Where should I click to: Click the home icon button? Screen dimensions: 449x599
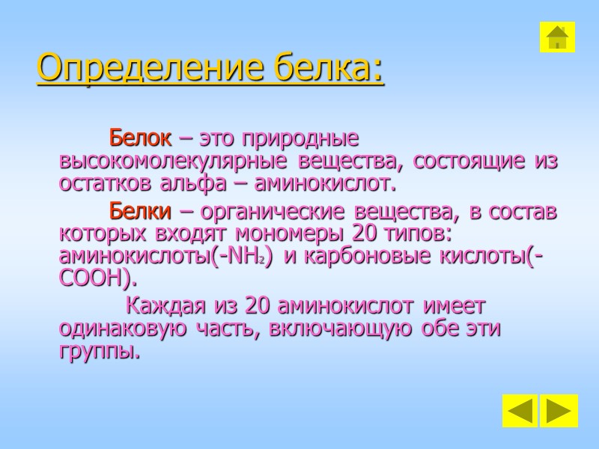(557, 37)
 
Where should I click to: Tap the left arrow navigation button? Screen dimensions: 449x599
(520, 411)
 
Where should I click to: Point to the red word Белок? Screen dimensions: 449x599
(140, 139)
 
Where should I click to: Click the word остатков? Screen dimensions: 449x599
(105, 183)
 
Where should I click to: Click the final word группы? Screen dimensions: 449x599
(99, 351)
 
